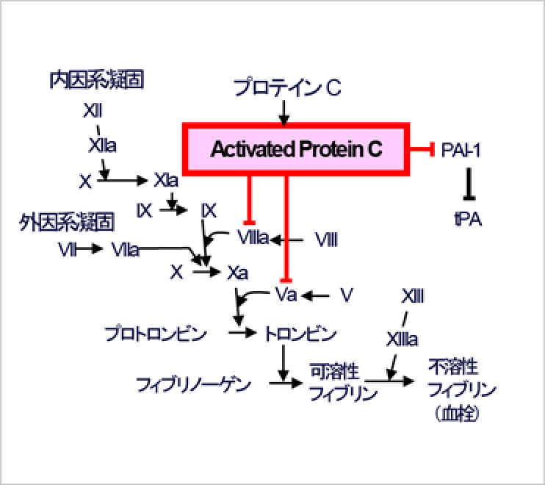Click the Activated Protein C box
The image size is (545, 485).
[x=296, y=150]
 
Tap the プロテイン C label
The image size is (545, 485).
[x=287, y=89]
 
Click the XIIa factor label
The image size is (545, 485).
[x=102, y=145]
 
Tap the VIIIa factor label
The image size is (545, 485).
[x=253, y=238]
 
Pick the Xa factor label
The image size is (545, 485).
[x=237, y=272]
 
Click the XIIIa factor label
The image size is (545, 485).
[x=402, y=339]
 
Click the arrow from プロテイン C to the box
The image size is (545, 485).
[x=284, y=112]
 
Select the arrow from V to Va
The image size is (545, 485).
[x=317, y=295]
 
